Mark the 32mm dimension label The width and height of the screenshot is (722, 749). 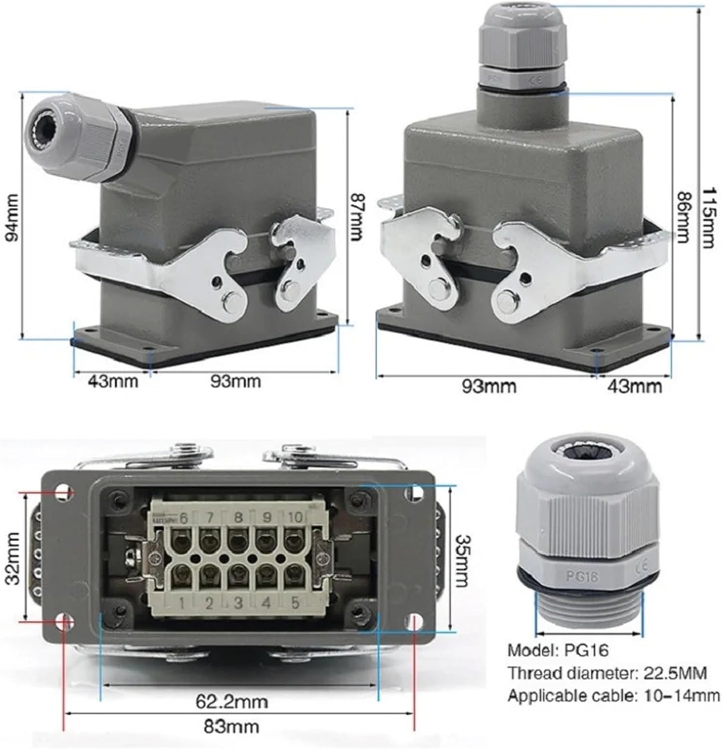click(x=11, y=558)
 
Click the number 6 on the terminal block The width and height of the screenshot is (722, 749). click(x=183, y=518)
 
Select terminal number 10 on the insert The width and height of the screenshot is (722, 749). click(x=295, y=517)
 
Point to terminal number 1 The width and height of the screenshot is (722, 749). click(x=183, y=604)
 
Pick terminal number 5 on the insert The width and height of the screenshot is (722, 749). click(x=295, y=603)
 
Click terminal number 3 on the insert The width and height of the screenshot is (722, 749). click(x=239, y=603)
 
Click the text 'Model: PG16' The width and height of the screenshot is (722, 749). click(x=558, y=651)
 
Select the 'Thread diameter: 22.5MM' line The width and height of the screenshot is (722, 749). click(x=607, y=673)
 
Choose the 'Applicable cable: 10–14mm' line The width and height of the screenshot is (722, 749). click(x=613, y=695)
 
